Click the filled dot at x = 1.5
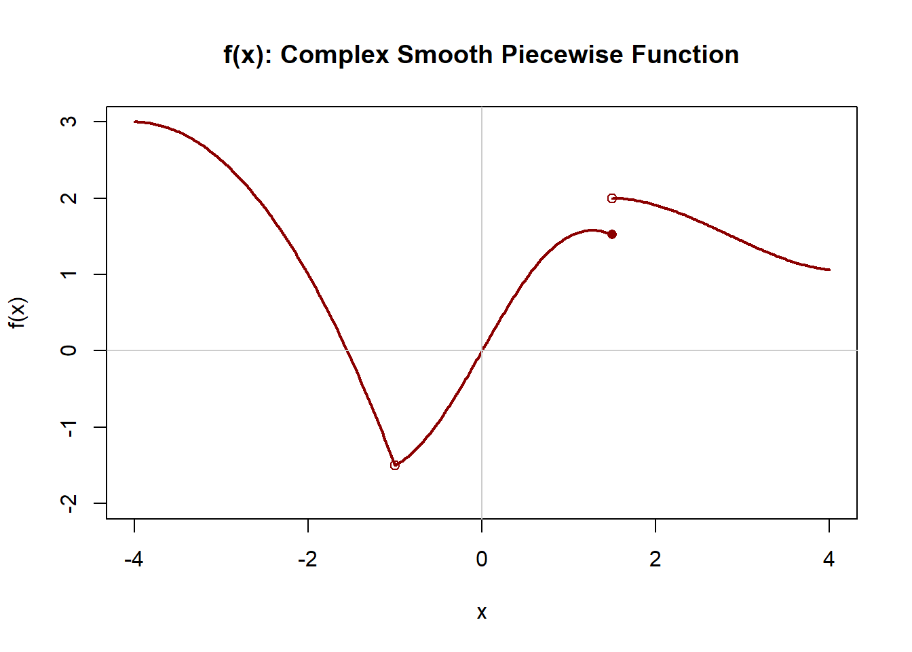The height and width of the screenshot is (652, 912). click(x=612, y=234)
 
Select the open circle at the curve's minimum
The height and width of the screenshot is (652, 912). click(x=395, y=465)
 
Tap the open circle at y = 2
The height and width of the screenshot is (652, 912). click(x=612, y=198)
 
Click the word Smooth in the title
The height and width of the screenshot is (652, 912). click(x=444, y=55)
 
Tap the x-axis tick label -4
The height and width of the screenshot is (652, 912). click(x=134, y=560)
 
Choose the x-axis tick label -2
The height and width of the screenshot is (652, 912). click(x=307, y=560)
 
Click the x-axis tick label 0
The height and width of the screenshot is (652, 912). click(x=482, y=560)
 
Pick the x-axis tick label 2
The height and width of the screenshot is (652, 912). click(x=655, y=560)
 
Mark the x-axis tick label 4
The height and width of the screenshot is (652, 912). click(x=829, y=560)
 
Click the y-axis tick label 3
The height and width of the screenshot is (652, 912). click(x=69, y=122)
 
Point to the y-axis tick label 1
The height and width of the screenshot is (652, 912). click(x=69, y=274)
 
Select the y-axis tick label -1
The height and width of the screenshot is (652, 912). click(x=69, y=427)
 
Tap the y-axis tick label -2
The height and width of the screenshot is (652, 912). click(x=69, y=503)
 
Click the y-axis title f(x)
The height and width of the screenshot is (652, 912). click(x=18, y=312)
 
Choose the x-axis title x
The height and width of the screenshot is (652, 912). click(x=482, y=613)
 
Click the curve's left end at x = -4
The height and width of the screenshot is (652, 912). click(x=135, y=122)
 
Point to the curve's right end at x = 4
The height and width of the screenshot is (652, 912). click(x=829, y=270)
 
